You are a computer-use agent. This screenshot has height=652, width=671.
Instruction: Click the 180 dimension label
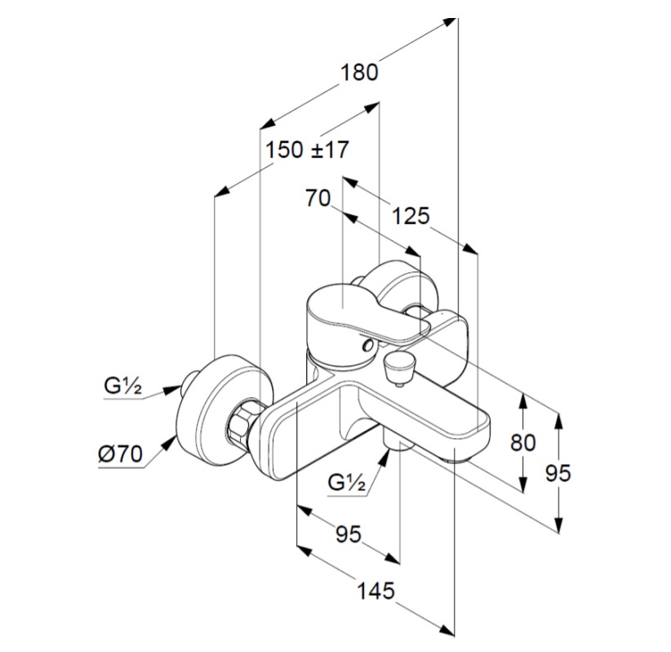tap(359, 72)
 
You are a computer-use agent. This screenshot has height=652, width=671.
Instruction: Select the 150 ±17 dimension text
tap(307, 150)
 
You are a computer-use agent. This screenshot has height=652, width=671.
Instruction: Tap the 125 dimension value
tap(410, 216)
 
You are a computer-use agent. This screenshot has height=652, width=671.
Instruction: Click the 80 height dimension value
tap(522, 442)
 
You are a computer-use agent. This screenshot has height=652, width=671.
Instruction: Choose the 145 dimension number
tap(375, 589)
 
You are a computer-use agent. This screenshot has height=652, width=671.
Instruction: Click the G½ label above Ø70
tap(122, 386)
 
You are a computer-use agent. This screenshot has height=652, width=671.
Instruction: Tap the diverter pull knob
tap(399, 365)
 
